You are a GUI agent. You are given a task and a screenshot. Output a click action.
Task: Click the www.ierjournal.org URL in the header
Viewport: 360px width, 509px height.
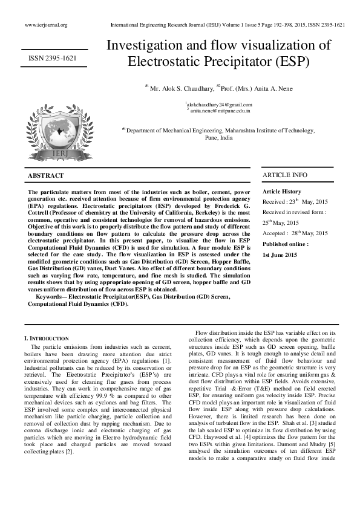coord(46,25)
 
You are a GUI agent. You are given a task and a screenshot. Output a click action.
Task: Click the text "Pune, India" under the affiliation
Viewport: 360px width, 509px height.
coord(218,137)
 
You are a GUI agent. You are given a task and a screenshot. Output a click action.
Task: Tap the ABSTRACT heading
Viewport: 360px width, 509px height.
coord(46,175)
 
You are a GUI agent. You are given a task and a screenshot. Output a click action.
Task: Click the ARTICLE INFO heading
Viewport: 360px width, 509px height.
coord(284,175)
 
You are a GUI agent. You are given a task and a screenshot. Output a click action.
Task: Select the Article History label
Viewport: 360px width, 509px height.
coord(282,191)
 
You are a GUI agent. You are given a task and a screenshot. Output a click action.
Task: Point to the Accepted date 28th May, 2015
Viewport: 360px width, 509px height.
coord(295,233)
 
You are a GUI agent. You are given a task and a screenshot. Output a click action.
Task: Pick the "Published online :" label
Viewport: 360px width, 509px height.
coord(286,244)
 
